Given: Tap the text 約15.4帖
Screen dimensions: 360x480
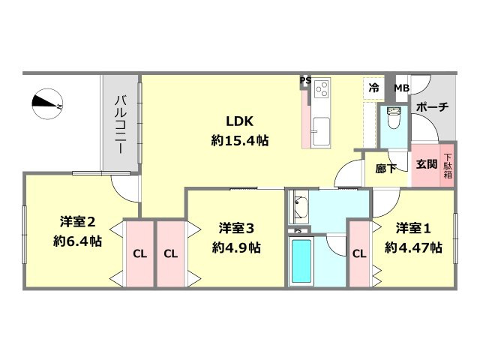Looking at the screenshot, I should point(239,139).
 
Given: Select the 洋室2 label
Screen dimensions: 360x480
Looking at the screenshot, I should point(78,222).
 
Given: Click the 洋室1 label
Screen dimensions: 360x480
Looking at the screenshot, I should point(413,226).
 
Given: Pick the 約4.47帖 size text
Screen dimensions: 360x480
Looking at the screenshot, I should point(413,246).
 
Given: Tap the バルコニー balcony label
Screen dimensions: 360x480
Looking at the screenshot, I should point(120,124).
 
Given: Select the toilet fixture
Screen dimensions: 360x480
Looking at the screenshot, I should point(393,118).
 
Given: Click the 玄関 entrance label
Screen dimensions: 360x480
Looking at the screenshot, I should point(426,163).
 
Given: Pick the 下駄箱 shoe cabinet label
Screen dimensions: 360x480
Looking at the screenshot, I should point(447,163).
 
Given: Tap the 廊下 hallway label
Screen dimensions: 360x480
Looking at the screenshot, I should point(385,168).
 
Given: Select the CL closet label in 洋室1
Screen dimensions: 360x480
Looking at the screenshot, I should point(358,253).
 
